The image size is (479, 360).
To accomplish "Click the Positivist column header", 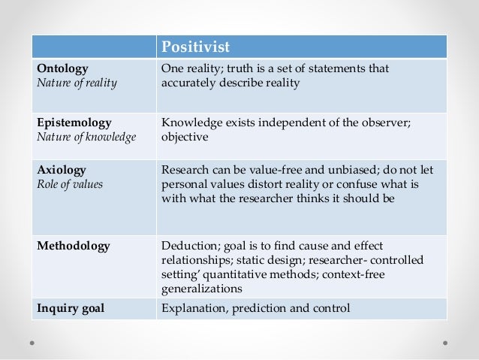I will click(194, 47).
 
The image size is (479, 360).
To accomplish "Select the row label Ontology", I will click(63, 68).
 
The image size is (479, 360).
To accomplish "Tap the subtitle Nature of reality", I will click(77, 83).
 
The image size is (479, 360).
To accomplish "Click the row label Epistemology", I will click(74, 123).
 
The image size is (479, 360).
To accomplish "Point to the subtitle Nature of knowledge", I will click(86, 137).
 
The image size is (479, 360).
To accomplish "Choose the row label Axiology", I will click(62, 170).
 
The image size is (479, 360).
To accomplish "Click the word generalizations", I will click(202, 289).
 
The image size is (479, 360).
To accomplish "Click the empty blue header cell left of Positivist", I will click(93, 47).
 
